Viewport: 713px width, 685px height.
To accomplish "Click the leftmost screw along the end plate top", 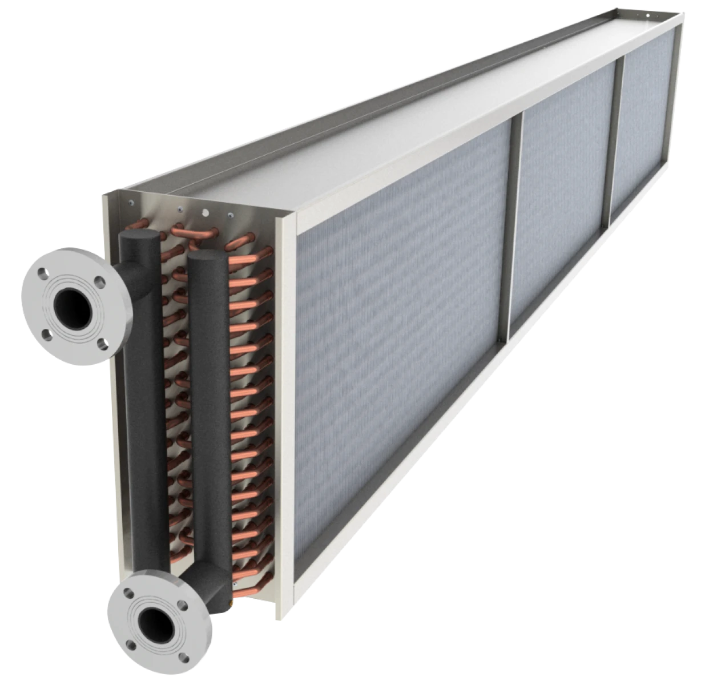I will pos(132,203).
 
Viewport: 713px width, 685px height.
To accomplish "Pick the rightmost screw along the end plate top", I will pos(231,216).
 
